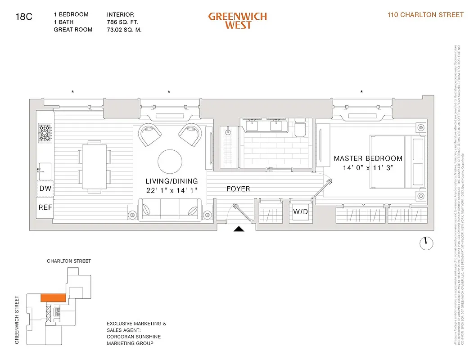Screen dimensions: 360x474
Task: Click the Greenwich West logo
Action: [x=237, y=21]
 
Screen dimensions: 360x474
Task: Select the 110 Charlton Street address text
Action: [x=425, y=15]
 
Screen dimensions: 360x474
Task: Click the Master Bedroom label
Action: [x=368, y=158]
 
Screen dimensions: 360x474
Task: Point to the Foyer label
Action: [x=238, y=189]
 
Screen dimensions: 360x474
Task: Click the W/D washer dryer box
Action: [x=300, y=211]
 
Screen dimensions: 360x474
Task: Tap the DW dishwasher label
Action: [x=45, y=189]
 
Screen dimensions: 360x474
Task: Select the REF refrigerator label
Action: [x=45, y=207]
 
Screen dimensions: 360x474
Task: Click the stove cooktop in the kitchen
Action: [x=45, y=133]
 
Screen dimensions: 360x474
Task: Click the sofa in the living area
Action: [x=170, y=209]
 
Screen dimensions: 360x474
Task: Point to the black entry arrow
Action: [x=239, y=229]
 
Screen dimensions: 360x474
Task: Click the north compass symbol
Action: [x=426, y=243]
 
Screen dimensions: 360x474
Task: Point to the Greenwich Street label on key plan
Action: [x=17, y=320]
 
